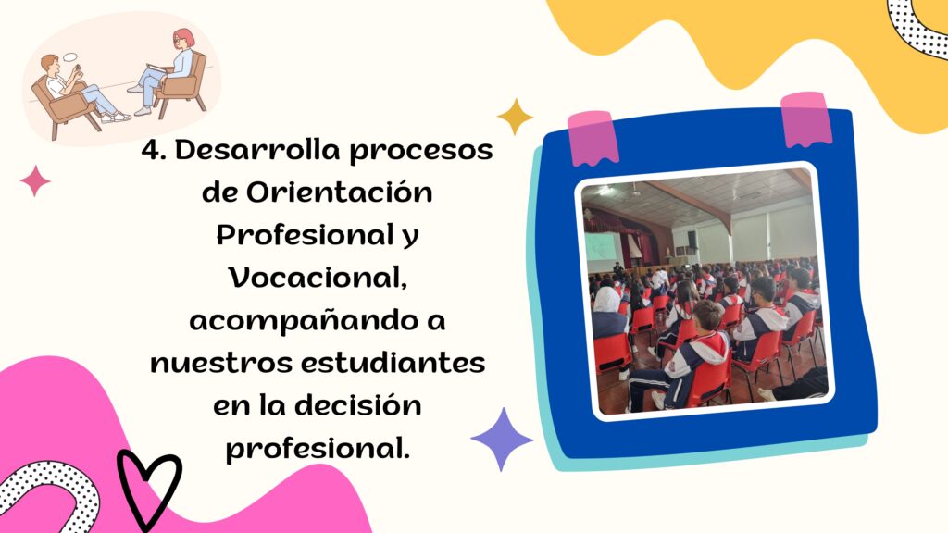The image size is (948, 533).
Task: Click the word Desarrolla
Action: (259, 149)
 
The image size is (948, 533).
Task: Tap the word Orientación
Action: (339, 192)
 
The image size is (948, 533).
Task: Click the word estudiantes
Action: (393, 363)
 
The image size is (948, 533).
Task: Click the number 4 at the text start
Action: (153, 150)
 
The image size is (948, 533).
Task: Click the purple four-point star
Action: (502, 440)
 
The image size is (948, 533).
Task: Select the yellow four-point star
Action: (515, 117)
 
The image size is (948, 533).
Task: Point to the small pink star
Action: (35, 180)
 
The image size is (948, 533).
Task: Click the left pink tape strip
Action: (592, 139)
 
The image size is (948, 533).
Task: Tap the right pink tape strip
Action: (806, 119)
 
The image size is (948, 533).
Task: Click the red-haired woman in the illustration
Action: (168, 69)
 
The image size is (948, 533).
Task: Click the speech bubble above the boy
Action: (70, 57)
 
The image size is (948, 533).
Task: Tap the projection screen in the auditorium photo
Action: (602, 252)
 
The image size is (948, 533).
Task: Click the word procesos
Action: (421, 151)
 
